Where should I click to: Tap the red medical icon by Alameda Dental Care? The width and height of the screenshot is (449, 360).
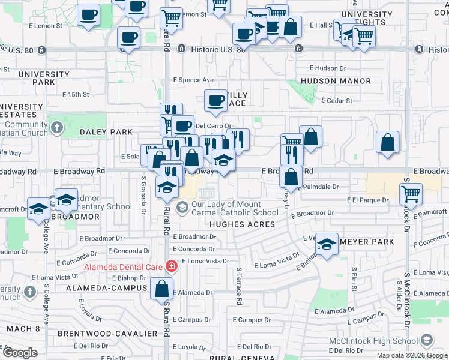pyautogui.click(x=172, y=265)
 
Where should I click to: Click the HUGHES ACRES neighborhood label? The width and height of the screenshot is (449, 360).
pyautogui.click(x=242, y=224)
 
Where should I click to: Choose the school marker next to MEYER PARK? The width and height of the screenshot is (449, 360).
pyautogui.click(x=327, y=244)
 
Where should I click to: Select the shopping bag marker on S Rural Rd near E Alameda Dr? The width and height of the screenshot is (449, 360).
pyautogui.click(x=162, y=289)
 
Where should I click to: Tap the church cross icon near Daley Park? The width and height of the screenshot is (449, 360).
pyautogui.click(x=56, y=127)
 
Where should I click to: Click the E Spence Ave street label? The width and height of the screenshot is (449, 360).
pyautogui.click(x=193, y=80)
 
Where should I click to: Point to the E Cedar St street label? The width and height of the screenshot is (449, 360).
pyautogui.click(x=337, y=101)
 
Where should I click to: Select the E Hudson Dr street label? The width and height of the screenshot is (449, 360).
pyautogui.click(x=329, y=68)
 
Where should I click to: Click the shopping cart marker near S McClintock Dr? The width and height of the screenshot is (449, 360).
pyautogui.click(x=411, y=194)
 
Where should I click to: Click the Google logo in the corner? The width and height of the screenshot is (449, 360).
pyautogui.click(x=20, y=353)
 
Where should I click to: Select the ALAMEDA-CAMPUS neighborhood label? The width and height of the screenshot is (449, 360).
pyautogui.click(x=107, y=288)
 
